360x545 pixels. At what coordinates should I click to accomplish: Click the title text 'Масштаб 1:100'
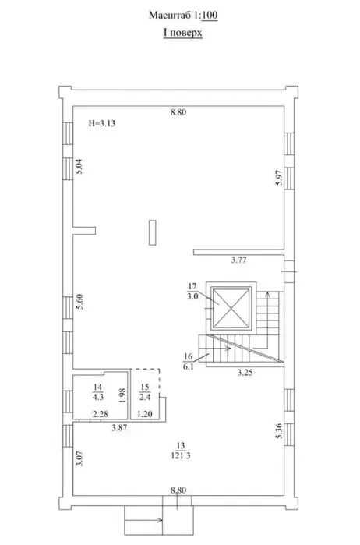[183, 16]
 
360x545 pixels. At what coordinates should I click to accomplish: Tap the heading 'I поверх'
[183, 33]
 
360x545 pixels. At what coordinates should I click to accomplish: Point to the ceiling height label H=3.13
[102, 123]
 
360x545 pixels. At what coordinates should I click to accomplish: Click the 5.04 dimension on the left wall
[79, 166]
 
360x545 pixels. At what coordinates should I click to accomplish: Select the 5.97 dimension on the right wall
[279, 177]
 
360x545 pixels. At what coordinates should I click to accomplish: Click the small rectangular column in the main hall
[152, 232]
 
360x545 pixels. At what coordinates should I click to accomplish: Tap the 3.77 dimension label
[239, 260]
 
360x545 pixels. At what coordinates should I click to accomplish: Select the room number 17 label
[192, 286]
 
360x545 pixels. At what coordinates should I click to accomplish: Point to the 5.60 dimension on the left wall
[79, 302]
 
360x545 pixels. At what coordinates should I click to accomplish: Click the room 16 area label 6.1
[188, 366]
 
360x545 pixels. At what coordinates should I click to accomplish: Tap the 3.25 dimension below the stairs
[245, 373]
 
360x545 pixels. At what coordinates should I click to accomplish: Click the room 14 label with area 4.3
[98, 392]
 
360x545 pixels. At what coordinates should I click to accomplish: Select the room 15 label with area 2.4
[145, 392]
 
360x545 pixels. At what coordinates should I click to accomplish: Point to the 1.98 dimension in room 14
[122, 395]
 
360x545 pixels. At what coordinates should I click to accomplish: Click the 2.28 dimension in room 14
[100, 414]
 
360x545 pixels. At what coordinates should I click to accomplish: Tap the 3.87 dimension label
[119, 428]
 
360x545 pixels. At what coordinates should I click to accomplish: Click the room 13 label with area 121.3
[181, 451]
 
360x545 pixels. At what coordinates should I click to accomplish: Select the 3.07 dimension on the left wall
[79, 458]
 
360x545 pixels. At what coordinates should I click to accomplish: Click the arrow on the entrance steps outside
[143, 520]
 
